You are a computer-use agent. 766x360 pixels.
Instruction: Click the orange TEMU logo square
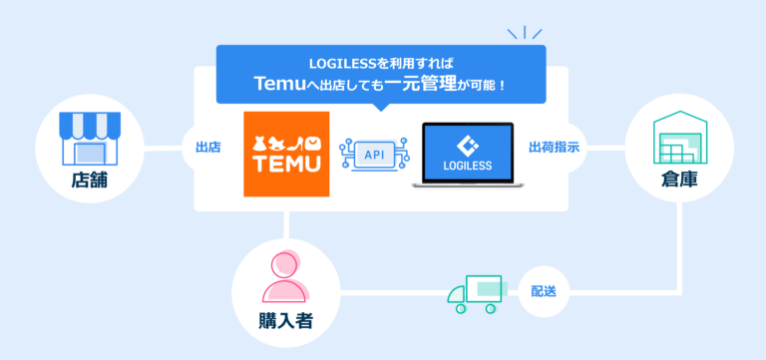pyautogui.click(x=286, y=154)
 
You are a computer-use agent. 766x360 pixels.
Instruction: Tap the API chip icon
pyautogui.click(x=374, y=155)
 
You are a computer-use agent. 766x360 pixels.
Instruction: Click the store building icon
pyautogui.click(x=89, y=137)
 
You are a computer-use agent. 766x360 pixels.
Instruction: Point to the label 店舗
pyautogui.click(x=89, y=181)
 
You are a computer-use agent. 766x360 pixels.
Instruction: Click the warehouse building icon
pyautogui.click(x=679, y=139)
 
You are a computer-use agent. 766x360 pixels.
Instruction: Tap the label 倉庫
pyautogui.click(x=679, y=182)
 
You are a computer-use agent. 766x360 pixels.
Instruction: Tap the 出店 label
pyautogui.click(x=208, y=148)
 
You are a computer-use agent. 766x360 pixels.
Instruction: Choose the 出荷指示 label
pyautogui.click(x=555, y=148)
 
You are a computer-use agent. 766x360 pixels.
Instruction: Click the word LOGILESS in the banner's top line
pyautogui.click(x=339, y=60)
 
